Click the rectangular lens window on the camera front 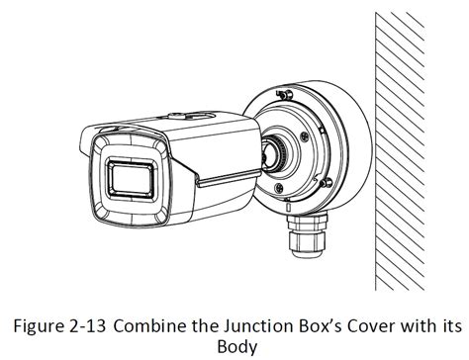click(132, 178)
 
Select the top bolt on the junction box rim click(284, 95)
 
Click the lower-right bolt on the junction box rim click(328, 182)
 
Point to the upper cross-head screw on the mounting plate click(305, 135)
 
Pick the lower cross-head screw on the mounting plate click(279, 188)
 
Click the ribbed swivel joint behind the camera click(279, 155)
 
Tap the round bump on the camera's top click(177, 116)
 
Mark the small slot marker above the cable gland click(288, 208)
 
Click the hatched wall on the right click(400, 151)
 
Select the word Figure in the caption click(40, 326)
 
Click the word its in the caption click(451, 326)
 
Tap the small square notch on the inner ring click(323, 131)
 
